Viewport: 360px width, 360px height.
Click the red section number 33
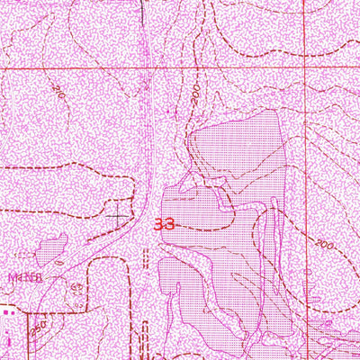[x=165, y=223]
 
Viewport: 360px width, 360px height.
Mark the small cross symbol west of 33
[x=119, y=216]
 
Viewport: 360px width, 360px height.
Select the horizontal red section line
[x=135, y=67]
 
